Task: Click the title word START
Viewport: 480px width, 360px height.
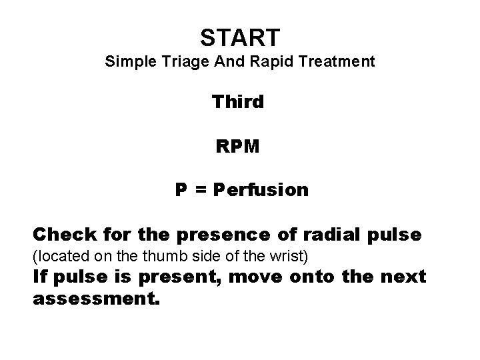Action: (x=240, y=37)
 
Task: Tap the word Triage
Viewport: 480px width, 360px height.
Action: (x=176, y=63)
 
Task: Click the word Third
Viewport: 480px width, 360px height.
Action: (x=238, y=102)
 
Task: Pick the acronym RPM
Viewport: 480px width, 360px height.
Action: (x=238, y=146)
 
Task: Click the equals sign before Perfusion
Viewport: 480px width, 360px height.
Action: (x=199, y=191)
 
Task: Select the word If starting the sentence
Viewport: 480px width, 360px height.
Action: (x=39, y=277)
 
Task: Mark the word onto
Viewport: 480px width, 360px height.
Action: (x=323, y=277)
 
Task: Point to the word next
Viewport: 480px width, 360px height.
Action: (x=403, y=277)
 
